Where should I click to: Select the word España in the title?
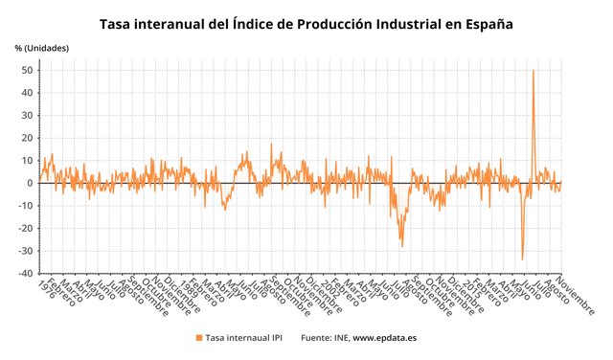click(x=485, y=23)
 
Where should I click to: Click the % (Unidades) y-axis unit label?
click(x=42, y=48)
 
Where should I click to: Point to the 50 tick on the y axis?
click(x=29, y=71)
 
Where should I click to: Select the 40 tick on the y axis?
click(x=29, y=93)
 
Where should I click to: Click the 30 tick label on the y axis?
click(x=29, y=116)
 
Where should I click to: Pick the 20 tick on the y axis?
click(x=29, y=138)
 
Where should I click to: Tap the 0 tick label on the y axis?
click(x=32, y=183)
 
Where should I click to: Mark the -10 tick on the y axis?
click(x=28, y=206)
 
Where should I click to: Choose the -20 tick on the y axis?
click(x=28, y=228)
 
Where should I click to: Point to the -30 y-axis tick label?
click(x=28, y=251)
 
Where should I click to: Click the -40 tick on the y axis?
click(x=28, y=273)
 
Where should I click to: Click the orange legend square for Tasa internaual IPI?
click(x=199, y=338)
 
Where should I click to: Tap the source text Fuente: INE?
click(x=325, y=338)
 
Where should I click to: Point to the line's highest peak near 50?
click(x=533, y=71)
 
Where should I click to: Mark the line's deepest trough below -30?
click(x=522, y=259)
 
